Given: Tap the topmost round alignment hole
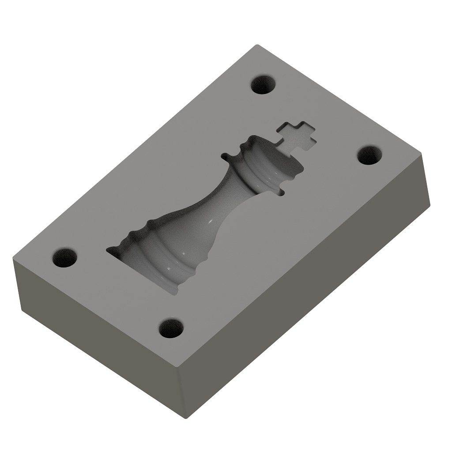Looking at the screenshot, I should (x=264, y=84).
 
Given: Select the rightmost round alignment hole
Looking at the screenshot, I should (x=369, y=155).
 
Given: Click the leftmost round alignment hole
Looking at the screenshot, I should (x=65, y=257).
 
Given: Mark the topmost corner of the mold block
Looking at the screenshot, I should (x=258, y=45).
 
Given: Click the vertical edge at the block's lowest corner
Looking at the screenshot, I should (x=182, y=393).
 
